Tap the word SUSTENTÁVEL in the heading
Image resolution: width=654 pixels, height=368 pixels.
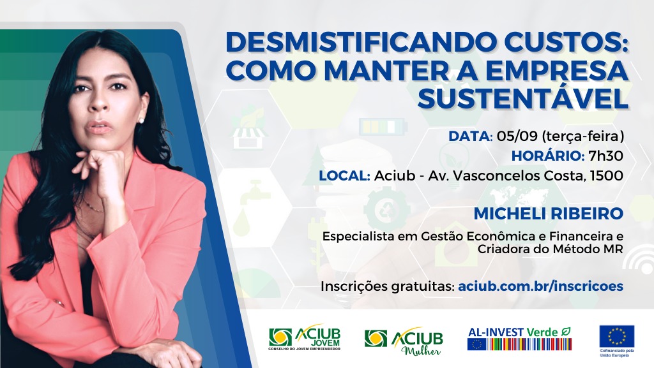[523, 99]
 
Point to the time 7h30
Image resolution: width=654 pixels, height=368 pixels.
[605, 156]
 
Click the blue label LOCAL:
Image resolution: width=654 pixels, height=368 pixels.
[344, 175]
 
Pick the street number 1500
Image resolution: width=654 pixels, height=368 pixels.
[607, 175]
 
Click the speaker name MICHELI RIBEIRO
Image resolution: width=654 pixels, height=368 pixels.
[549, 214]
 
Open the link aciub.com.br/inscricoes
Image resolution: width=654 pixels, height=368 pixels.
[540, 286]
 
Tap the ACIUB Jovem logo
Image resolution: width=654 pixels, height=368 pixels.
[305, 337]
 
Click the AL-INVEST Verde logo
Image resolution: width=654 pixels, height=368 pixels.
[519, 339]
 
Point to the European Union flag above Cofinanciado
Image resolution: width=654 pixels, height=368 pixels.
[617, 336]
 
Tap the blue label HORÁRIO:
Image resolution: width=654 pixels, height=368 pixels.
[548, 156]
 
